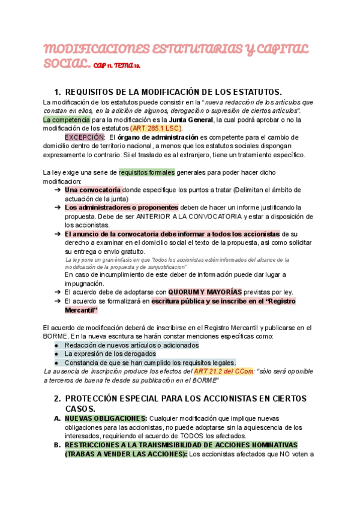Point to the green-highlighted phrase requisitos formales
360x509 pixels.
146,172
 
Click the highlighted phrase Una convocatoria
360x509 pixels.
92,190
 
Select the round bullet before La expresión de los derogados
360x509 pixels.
56,354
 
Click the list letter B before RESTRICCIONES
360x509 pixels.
57,445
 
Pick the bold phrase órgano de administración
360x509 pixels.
158,137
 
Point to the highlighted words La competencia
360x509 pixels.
67,119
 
